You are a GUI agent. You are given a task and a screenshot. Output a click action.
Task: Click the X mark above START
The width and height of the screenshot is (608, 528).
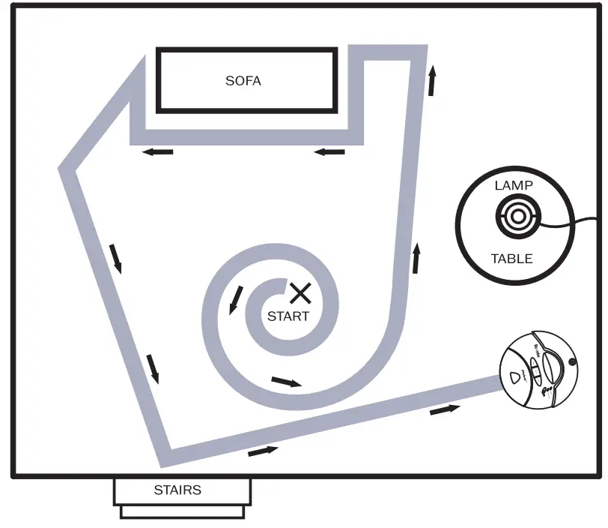pyautogui.click(x=300, y=293)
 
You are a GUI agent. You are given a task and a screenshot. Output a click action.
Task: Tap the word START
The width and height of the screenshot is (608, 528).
pyautogui.click(x=288, y=316)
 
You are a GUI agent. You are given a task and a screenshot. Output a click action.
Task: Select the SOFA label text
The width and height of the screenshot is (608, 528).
pyautogui.click(x=243, y=80)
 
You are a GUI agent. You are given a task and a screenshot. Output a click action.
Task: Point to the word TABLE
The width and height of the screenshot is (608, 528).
pyautogui.click(x=512, y=259)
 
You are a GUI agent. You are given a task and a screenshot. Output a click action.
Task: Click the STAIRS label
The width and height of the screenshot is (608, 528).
pyautogui.click(x=177, y=490)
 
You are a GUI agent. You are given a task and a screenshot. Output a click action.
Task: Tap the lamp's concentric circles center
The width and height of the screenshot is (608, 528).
pyautogui.click(x=517, y=218)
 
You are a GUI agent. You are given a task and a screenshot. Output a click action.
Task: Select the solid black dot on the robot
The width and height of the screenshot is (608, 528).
pyautogui.click(x=573, y=363)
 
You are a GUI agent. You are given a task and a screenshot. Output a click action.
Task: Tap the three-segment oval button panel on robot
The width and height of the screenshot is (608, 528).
pyautogui.click(x=535, y=370)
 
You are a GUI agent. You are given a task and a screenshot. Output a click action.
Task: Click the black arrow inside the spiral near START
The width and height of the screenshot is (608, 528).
pyautogui.click(x=236, y=300)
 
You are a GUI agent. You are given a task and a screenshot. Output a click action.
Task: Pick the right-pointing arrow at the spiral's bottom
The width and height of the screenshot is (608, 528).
pyautogui.click(x=287, y=382)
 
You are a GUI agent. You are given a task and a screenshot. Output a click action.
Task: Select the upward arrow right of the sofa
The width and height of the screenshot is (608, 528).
pyautogui.click(x=433, y=80)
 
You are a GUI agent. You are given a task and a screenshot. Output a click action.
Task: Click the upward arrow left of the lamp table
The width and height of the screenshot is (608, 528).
pyautogui.click(x=416, y=259)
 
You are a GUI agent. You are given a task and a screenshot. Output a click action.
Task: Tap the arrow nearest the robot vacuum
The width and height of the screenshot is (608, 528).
pyautogui.click(x=445, y=409)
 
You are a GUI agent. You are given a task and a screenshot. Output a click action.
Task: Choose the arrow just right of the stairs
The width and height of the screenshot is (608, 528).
pyautogui.click(x=263, y=451)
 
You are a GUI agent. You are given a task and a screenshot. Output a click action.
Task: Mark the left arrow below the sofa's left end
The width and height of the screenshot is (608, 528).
pyautogui.click(x=158, y=152)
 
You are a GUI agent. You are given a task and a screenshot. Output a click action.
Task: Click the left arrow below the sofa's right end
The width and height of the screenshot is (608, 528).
pyautogui.click(x=329, y=152)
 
